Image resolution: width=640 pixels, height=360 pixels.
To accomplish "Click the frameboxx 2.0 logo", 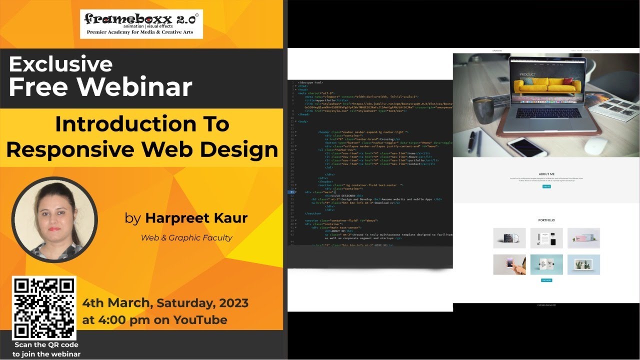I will click(141, 23).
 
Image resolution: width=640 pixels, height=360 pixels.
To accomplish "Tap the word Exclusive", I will click(60, 64).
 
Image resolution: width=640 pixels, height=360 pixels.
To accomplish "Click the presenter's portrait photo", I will click(54, 219).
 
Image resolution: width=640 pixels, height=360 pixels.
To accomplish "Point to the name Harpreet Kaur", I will click(196, 218).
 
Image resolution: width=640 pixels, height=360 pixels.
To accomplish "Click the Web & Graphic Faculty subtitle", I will click(186, 238).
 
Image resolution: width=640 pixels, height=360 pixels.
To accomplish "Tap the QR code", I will click(44, 308).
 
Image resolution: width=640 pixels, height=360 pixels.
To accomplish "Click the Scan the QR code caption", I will click(46, 345).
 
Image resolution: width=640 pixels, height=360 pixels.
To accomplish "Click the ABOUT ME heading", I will click(546, 174).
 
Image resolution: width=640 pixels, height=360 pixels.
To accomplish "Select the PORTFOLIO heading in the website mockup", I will click(546, 220).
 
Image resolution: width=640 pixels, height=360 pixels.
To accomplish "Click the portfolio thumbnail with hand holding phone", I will click(509, 264).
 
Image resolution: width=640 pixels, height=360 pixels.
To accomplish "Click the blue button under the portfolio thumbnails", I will click(546, 280).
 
